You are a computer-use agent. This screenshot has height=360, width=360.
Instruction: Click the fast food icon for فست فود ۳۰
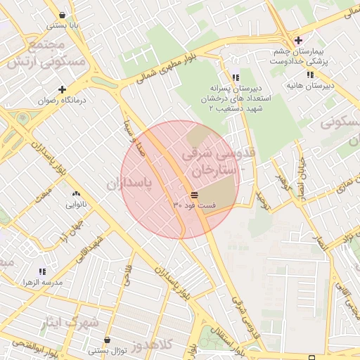[194, 194]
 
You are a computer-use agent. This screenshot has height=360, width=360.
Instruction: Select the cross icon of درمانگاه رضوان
[63, 90]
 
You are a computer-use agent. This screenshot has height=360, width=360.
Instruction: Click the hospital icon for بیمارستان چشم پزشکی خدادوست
[299, 40]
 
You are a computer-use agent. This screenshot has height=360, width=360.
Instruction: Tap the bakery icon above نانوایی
[76, 194]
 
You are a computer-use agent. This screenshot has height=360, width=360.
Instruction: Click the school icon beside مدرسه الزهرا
[43, 271]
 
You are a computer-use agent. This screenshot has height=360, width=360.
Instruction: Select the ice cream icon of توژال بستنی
[107, 340]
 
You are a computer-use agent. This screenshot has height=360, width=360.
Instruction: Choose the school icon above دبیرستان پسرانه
[235, 77]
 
